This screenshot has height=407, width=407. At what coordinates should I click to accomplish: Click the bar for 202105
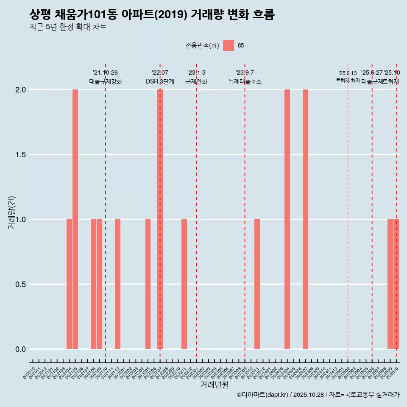point(75,219)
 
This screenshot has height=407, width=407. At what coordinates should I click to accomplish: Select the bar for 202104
point(69,284)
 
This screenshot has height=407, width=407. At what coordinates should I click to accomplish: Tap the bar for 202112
point(117,284)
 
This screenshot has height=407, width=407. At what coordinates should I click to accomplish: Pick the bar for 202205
point(148,284)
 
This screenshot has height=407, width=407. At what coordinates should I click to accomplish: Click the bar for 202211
point(184,284)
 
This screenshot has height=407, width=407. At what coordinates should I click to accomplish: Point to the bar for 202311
point(257,284)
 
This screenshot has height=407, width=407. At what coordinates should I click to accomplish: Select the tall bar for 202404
point(287,219)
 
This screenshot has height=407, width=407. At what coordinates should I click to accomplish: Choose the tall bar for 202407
point(305,219)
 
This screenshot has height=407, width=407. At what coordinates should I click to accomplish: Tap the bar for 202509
point(390,284)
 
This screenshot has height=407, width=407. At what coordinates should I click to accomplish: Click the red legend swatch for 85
point(229,45)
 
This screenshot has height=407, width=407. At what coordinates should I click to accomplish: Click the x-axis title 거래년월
point(214,385)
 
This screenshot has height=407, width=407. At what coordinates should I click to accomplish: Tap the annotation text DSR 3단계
point(160,82)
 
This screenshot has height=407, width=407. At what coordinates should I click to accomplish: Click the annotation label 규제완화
point(196,82)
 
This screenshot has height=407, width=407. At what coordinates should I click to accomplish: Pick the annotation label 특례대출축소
point(245,82)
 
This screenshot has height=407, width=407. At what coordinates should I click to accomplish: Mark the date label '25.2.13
point(348,73)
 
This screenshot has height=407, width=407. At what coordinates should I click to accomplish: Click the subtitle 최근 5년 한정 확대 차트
point(68,27)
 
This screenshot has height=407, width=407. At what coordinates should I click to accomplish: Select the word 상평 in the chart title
point(40,15)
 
